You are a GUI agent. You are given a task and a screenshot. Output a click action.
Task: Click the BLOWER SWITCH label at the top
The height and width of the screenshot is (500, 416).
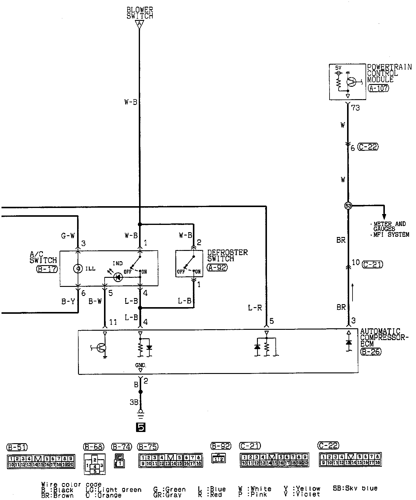140,13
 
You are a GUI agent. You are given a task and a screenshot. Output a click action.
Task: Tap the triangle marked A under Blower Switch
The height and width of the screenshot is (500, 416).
139,24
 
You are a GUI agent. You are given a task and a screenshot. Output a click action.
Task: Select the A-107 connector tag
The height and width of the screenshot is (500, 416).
379,88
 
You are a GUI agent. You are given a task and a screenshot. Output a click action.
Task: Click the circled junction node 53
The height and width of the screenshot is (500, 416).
348,206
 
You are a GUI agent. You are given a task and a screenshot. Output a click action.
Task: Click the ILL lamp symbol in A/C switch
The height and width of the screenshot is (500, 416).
78,268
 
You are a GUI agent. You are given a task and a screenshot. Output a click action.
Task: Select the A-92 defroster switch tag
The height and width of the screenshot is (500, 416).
217,267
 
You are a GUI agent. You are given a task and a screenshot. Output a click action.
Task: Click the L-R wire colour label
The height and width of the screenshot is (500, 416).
255,308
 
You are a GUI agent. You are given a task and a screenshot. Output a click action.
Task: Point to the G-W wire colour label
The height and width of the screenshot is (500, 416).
68,236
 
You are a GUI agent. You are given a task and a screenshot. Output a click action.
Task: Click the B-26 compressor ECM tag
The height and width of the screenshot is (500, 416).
371,352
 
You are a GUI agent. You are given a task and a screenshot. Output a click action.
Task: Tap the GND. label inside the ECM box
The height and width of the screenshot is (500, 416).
141,365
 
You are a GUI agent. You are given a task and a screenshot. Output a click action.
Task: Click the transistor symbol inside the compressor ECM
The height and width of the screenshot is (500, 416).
101,348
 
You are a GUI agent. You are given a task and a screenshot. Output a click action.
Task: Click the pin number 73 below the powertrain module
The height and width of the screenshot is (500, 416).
356,108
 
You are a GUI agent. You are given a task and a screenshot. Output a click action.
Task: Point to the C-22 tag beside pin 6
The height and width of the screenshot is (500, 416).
368,147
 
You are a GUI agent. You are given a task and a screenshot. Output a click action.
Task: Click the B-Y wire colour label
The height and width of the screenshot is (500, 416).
68,301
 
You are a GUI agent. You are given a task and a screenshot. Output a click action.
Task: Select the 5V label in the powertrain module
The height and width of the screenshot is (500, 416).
338,68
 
